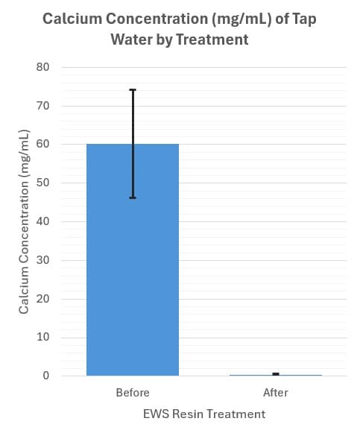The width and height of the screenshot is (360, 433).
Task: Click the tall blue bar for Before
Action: coord(133,261)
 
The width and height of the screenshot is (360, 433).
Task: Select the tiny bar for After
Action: coord(275,375)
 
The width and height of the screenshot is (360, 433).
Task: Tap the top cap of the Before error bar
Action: coord(133,90)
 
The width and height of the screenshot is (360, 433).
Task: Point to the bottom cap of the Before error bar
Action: coord(133,198)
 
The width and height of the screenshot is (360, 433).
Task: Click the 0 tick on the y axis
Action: coord(45,376)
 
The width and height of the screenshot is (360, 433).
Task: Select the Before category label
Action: coord(133,393)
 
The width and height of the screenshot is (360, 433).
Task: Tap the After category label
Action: coord(275,393)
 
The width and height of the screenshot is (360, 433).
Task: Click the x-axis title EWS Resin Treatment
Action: coord(203,414)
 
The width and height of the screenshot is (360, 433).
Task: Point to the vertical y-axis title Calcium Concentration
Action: coord(24,221)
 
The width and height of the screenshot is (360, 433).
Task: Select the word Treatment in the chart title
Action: coord(211,39)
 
